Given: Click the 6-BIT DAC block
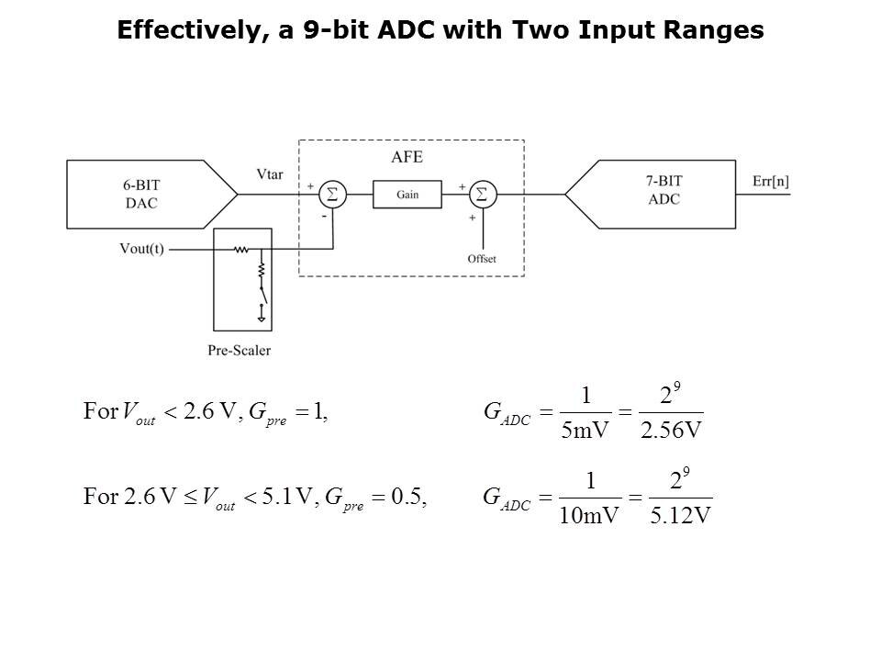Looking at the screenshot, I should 142,194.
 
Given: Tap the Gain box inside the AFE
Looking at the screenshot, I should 407,195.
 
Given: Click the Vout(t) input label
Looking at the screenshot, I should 141,248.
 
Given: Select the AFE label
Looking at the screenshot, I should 407,157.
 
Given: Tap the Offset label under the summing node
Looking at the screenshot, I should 481,259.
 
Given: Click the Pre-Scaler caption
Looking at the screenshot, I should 239,350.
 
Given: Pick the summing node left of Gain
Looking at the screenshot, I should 332,195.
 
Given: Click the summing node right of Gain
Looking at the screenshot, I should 481,195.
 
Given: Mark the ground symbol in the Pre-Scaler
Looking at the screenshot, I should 262,318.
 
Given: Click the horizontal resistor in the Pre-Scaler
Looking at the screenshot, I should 241,249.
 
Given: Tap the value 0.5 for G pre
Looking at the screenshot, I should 409,497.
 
